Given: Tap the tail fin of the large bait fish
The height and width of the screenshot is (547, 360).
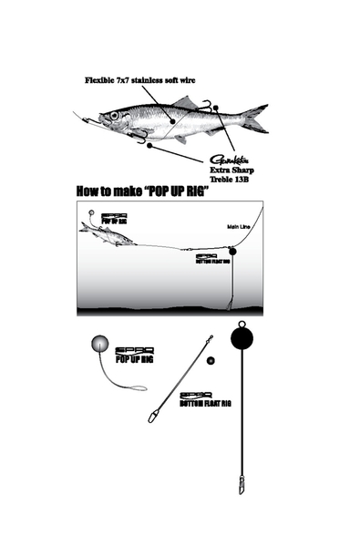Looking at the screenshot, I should (x=256, y=118).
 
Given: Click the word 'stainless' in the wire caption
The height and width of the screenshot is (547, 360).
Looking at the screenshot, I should (x=169, y=80).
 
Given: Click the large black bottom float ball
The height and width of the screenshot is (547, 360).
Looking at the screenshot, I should (x=242, y=337).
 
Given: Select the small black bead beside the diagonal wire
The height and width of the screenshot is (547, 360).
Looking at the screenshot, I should (x=211, y=361).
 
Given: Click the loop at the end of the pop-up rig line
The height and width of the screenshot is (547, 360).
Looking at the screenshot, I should (x=138, y=390).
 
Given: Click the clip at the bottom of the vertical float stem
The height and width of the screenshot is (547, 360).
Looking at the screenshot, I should (x=242, y=482).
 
